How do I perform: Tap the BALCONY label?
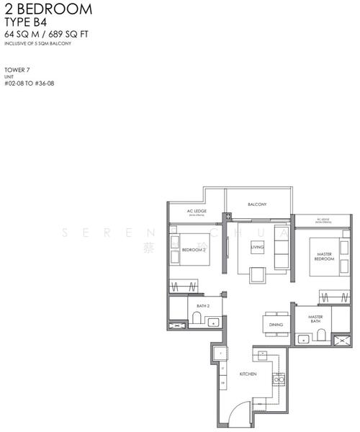257,204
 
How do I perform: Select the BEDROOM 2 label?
194,250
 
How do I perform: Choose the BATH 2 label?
202,306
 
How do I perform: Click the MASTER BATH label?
315,318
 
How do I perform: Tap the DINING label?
276,325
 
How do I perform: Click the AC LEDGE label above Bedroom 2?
197,212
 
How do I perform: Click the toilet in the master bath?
323,332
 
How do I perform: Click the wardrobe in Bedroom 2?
185,286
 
